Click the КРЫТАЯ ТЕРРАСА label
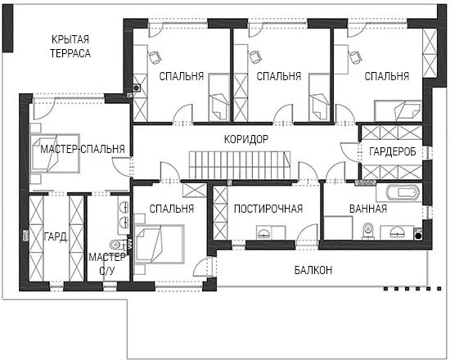[70, 46]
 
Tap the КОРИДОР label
[246, 139]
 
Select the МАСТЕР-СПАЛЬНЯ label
[83, 149]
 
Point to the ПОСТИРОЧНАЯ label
[268, 209]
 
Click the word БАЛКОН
[313, 270]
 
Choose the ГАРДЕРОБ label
[393, 151]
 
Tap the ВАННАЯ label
[368, 209]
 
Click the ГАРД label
[56, 236]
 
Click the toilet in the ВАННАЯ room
[367, 230]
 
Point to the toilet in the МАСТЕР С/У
[115, 245]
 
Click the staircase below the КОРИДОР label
[240, 165]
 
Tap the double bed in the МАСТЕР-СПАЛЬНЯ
[55, 153]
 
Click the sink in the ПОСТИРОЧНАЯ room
[263, 232]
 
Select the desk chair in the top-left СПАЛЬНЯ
[155, 56]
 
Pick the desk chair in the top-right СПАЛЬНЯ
[356, 57]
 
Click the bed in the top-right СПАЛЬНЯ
[398, 110]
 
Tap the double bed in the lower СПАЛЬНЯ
[160, 244]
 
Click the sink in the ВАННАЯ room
[397, 232]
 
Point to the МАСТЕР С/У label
[106, 263]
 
